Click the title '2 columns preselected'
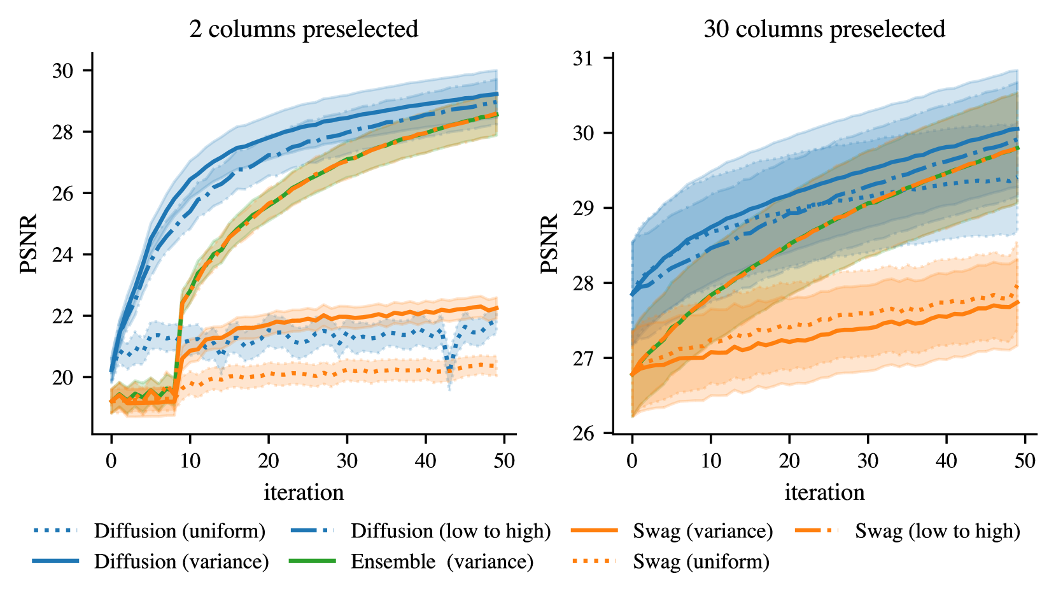304,29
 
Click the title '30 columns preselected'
824,29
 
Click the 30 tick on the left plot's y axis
63,71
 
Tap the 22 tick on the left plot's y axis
63,316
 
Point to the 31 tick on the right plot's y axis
583,59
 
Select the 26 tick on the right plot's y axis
583,434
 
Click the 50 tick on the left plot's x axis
504,460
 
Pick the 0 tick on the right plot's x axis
632,460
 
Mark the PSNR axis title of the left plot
29,244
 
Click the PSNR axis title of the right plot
549,244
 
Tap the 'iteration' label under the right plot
824,492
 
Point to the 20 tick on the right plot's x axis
789,460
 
